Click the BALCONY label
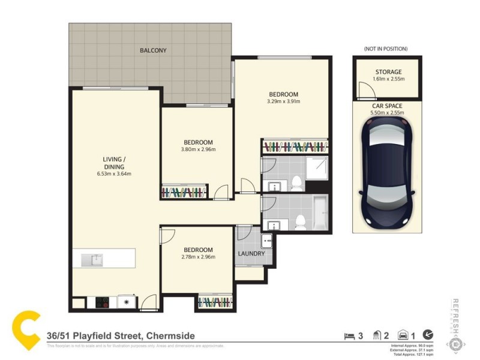pyautogui.click(x=153, y=50)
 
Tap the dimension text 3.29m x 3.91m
pyautogui.click(x=283, y=101)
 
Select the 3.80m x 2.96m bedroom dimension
pyautogui.click(x=198, y=149)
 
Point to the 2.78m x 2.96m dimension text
pyautogui.click(x=198, y=257)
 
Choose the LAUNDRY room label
pyautogui.click(x=251, y=254)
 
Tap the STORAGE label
pyautogui.click(x=388, y=72)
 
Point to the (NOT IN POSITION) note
pyautogui.click(x=386, y=48)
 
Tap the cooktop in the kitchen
pyautogui.click(x=101, y=302)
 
